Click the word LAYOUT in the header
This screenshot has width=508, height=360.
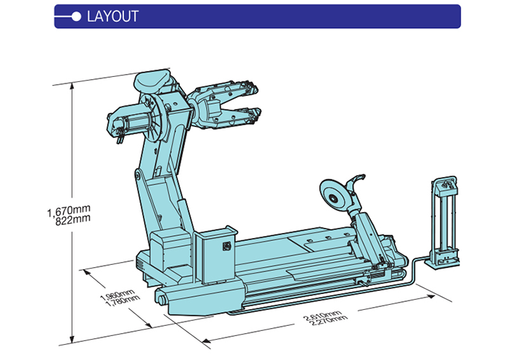[x=112, y=16]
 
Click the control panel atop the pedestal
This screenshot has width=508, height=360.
[x=446, y=187]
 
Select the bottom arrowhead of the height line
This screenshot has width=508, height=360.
[x=72, y=337]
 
